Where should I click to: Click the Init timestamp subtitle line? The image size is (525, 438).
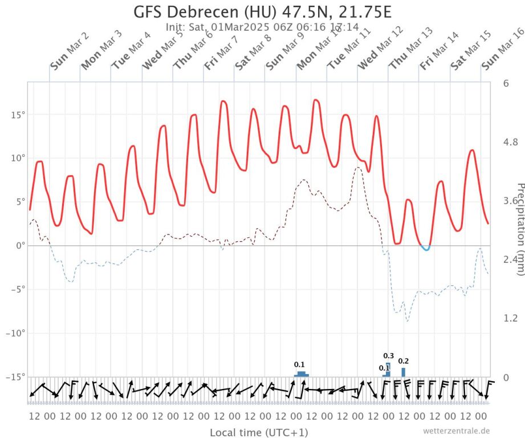click(x=262, y=27)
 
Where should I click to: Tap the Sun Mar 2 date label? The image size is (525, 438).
click(x=69, y=51)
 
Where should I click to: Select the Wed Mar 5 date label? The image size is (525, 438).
click(x=162, y=51)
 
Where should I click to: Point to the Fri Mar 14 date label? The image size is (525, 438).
click(x=439, y=51)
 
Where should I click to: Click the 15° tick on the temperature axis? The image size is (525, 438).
click(x=17, y=115)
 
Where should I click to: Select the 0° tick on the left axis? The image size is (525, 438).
click(x=19, y=245)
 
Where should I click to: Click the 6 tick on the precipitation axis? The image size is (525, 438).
click(x=506, y=83)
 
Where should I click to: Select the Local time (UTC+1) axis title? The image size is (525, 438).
click(x=259, y=432)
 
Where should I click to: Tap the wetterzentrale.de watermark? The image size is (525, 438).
click(x=456, y=431)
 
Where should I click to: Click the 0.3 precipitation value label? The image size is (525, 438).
click(x=389, y=356)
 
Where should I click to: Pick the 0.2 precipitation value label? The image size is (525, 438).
click(x=403, y=361)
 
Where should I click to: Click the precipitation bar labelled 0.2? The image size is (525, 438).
click(x=403, y=372)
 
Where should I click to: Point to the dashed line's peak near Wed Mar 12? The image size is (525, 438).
click(x=357, y=168)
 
